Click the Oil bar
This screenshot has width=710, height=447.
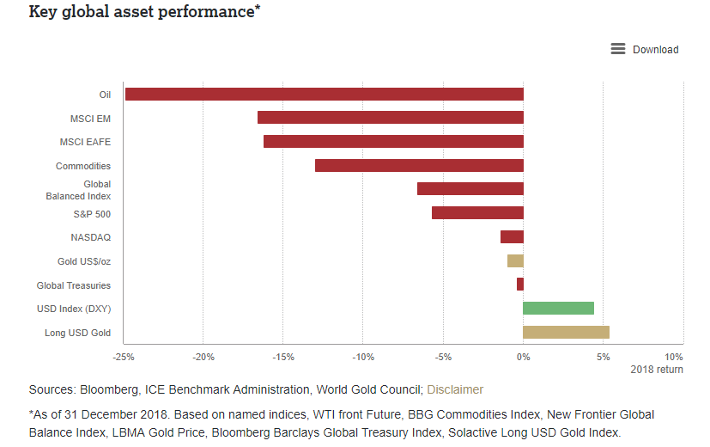pos(325,94)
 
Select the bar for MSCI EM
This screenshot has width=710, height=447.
pos(391,118)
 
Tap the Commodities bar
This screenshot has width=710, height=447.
pos(419,166)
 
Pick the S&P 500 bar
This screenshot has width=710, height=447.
pos(477,213)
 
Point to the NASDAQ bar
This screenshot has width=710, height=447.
pos(512,237)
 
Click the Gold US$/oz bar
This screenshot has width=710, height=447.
pos(515,261)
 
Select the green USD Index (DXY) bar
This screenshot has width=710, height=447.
pos(558,309)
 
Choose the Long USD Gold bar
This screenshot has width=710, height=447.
pos(566,333)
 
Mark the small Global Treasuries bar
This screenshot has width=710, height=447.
pos(520,285)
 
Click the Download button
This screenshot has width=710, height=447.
pos(645,49)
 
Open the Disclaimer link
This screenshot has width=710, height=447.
pos(455,389)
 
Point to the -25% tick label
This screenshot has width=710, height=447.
pos(124,357)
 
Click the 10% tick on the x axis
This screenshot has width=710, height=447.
pos(674,357)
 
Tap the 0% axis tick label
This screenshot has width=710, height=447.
pos(523,357)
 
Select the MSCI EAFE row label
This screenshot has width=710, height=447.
pos(85,142)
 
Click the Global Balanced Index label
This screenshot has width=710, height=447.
pos(78,190)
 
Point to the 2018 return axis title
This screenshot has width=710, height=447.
pos(657,370)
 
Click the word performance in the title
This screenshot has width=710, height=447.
pos(201,13)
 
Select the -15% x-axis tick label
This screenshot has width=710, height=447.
pos(283,357)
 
